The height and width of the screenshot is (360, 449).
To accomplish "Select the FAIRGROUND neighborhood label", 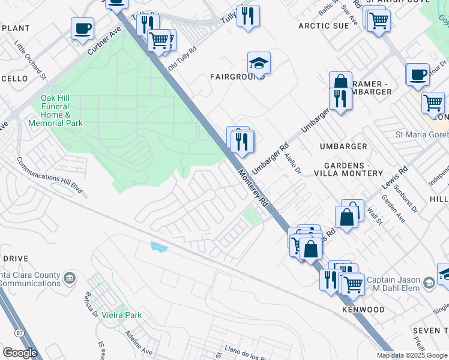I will [x=237, y=77].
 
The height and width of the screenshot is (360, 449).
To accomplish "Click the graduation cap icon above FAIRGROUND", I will [x=259, y=63].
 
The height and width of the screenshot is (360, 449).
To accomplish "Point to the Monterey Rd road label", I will [x=253, y=188].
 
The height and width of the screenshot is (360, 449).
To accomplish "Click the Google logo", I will [x=20, y=353].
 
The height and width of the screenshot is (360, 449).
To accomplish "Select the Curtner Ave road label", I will [x=99, y=41].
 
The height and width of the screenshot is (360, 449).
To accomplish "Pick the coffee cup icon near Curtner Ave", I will [x=82, y=28].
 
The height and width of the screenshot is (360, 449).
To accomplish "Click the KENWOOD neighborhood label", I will [x=363, y=310].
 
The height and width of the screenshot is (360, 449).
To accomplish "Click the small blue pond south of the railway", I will [x=157, y=247].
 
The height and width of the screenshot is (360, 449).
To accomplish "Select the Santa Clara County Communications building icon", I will [x=70, y=278].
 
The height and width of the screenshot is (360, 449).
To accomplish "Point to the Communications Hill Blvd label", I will [x=52, y=178].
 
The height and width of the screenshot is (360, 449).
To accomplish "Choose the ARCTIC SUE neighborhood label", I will [x=323, y=26].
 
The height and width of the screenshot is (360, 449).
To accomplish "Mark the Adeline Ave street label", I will [x=139, y=342].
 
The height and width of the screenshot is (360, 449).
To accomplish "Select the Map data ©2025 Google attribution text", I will [x=411, y=355].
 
